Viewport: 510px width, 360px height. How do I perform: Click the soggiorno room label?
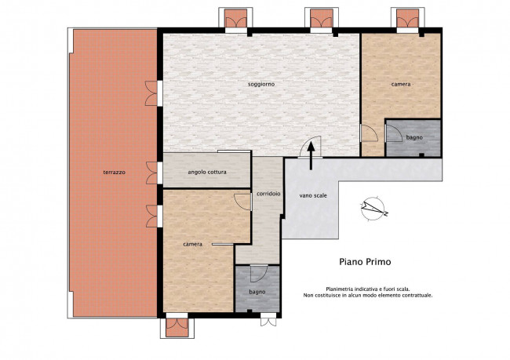pyautogui.click(x=261, y=84)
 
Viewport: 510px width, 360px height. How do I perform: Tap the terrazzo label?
pyautogui.click(x=115, y=173)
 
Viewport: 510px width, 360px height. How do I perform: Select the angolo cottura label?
pyautogui.click(x=207, y=172)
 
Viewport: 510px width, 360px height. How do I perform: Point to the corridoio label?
pyautogui.click(x=268, y=194)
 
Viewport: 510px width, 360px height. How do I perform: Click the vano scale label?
pyautogui.click(x=313, y=196)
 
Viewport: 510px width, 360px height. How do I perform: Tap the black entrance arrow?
pyautogui.click(x=311, y=156)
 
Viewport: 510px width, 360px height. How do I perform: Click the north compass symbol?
pyautogui.click(x=373, y=209)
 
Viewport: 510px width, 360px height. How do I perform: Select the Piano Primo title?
pyautogui.click(x=365, y=262)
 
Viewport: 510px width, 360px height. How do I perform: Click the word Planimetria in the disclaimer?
pyautogui.click(x=339, y=289)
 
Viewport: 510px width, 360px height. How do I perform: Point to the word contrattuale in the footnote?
pyautogui.click(x=417, y=296)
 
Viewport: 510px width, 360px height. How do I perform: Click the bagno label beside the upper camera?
pyautogui.click(x=414, y=137)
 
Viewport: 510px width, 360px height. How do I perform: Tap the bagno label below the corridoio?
pyautogui.click(x=257, y=292)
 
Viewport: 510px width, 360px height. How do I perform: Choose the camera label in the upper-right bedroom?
pyautogui.click(x=401, y=84)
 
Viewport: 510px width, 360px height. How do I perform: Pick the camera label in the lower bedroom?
pyautogui.click(x=192, y=244)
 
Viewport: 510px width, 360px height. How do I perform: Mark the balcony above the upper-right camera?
pyautogui.click(x=407, y=18)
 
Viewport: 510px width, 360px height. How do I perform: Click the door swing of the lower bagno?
pyautogui.click(x=259, y=274)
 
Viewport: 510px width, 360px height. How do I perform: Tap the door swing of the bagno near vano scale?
pyautogui.click(x=394, y=133)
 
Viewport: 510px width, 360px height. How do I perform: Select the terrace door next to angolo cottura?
pyautogui.click(x=152, y=173)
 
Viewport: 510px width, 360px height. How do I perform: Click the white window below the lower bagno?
pyautogui.click(x=268, y=319)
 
